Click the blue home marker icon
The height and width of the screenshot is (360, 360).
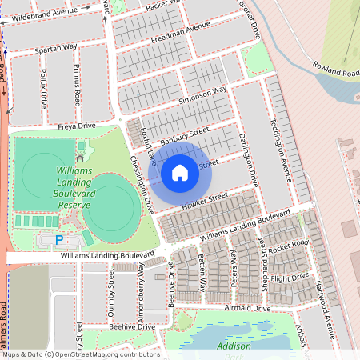tap(180, 172)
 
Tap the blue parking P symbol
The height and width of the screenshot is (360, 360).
tap(58, 240)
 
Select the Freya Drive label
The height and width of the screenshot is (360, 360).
tap(77, 126)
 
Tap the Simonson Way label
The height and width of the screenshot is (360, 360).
tap(203, 95)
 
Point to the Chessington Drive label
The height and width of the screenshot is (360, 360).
tap(142, 183)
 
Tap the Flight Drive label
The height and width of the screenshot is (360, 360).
tap(289, 278)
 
